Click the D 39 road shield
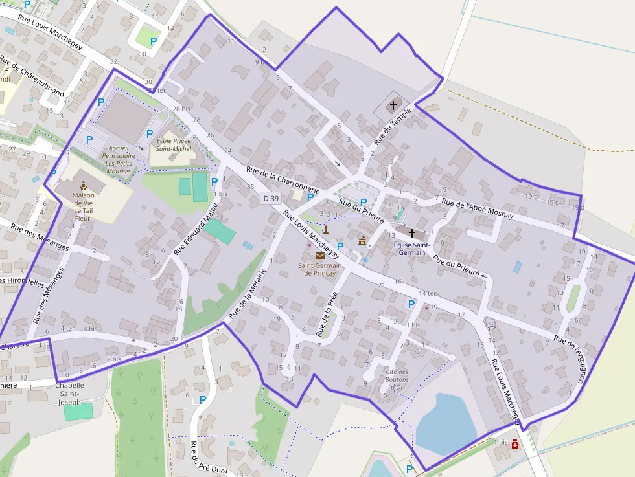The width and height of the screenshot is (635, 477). tap(271, 197)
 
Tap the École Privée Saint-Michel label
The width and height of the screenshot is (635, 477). tap(173, 144)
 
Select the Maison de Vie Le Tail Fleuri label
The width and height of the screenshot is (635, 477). tap(83, 206)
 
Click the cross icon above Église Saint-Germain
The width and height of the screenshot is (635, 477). tap(411, 232)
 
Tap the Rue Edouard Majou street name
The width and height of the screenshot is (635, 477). tap(196, 225)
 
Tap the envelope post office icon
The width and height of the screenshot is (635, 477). tap(320, 256)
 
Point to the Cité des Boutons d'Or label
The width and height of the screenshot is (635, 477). tap(397, 379)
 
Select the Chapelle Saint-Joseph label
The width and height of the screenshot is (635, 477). tap(69, 394)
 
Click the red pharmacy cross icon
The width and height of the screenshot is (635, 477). tap(515, 444)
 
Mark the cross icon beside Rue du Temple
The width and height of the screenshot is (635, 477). tap(393, 104)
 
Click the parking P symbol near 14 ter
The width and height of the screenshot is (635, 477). tap(411, 304)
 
